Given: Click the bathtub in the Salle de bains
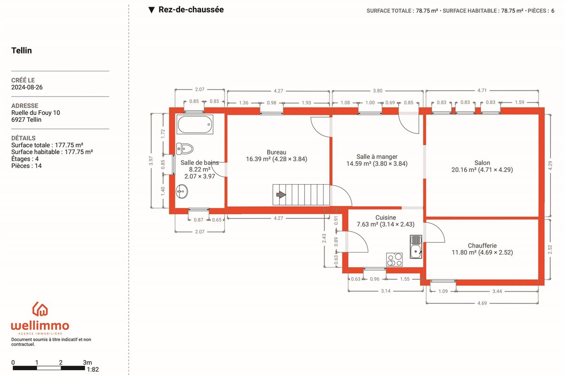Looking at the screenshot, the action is tap(195, 124).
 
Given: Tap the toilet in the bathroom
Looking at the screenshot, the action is tap(185, 149).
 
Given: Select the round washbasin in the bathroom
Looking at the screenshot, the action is tap(182, 192).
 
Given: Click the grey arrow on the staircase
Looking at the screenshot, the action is tap(281, 195).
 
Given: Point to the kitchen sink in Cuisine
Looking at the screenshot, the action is tap(416, 247).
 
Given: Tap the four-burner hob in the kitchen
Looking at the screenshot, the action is tap(395, 260).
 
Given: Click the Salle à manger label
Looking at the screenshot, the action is tap(377, 157).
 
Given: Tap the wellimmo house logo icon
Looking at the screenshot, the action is tap(40, 309).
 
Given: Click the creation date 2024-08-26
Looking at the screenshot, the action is tap(27, 87).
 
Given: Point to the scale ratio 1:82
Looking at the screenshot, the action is tap(93, 369).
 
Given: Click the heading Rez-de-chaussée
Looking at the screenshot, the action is tap(191, 9).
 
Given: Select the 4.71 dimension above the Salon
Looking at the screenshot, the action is tap(482, 90).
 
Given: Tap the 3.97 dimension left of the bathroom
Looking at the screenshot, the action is tap(151, 161).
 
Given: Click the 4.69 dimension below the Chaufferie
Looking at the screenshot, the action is tap(482, 303).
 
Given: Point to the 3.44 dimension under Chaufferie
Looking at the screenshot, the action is tap(497, 292).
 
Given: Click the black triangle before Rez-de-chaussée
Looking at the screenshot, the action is tap(151, 10).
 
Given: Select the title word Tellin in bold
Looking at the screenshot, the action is tap(22, 51).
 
